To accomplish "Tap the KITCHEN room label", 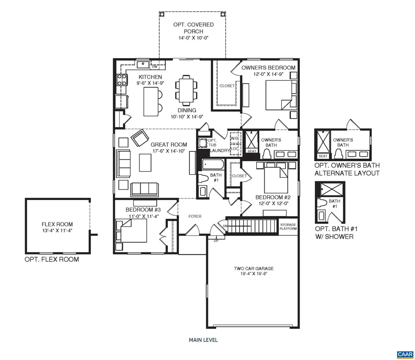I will coord(150,77).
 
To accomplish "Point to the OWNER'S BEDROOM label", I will coord(268,68).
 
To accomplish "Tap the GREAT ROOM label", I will coord(169,145).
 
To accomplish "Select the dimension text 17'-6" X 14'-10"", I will coord(169,151).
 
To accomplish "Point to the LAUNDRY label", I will coord(219,151).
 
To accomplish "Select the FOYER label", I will coord(195,216).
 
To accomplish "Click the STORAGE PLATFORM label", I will coord(288,227).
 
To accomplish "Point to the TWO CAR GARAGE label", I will coord(253,268).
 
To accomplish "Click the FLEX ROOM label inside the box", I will coord(57,224).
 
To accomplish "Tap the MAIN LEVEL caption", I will coord(203,340).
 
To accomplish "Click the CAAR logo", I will coord(404,354).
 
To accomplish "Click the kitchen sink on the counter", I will coord(143,64).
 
